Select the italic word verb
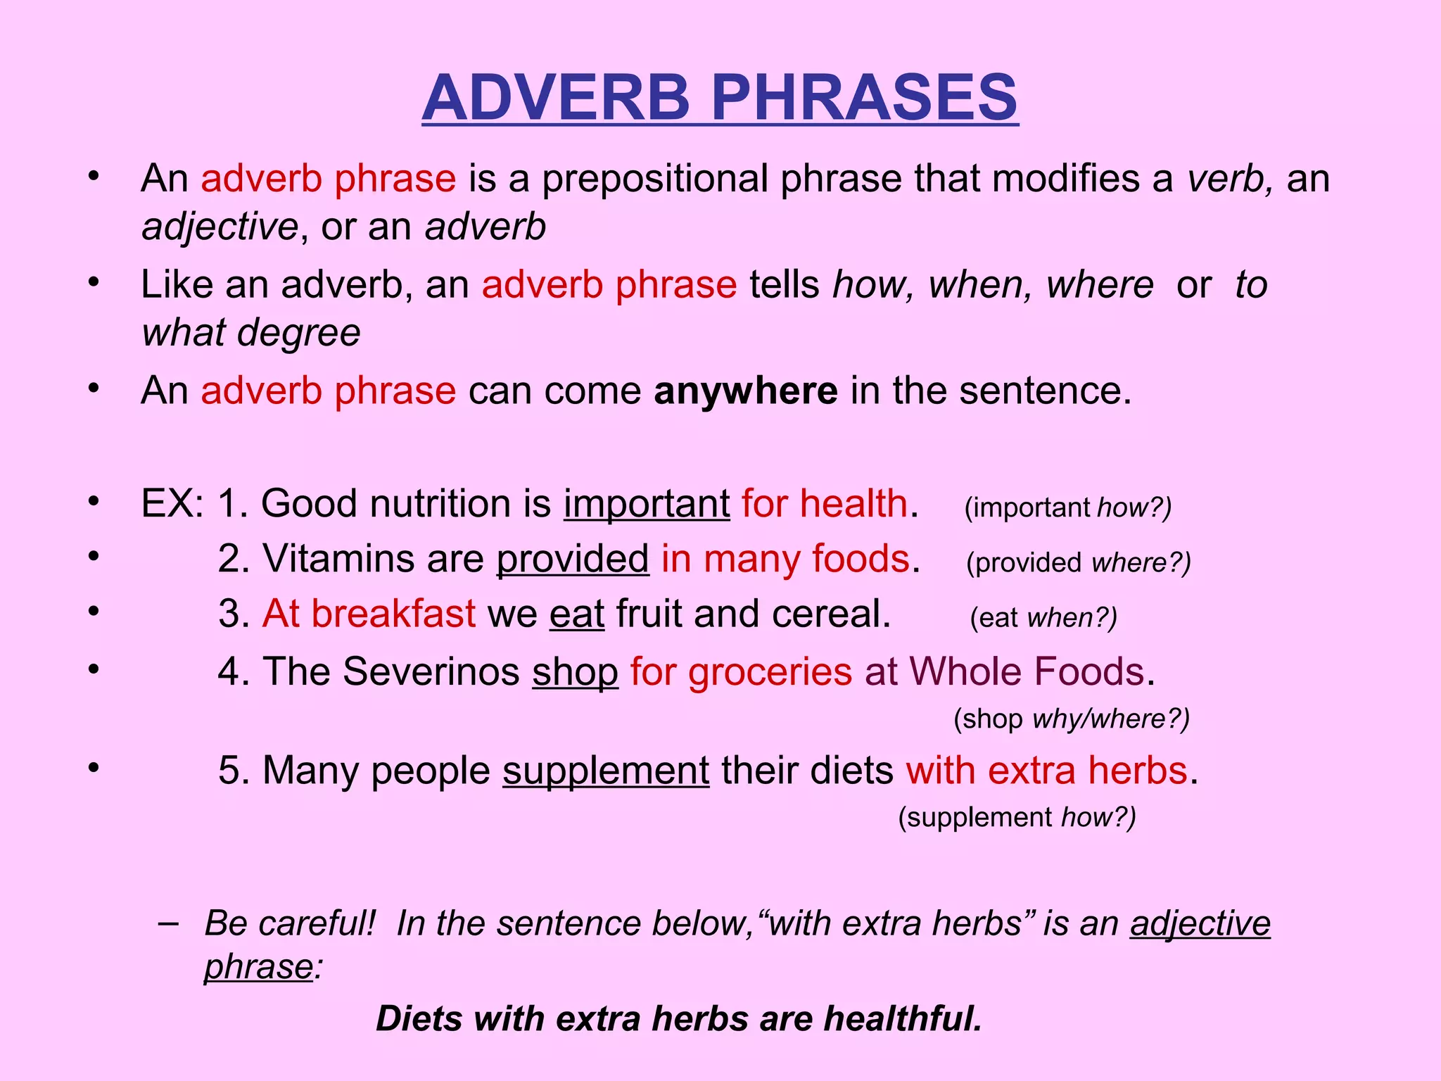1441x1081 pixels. click(x=1229, y=178)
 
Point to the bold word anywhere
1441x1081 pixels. click(x=746, y=391)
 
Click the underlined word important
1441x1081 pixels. click(x=647, y=504)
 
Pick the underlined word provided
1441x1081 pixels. click(x=573, y=559)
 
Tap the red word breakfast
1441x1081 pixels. click(x=393, y=614)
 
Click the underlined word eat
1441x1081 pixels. click(x=577, y=614)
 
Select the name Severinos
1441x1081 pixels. click(x=431, y=671)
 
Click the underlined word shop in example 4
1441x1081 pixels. click(x=575, y=671)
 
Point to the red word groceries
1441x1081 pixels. click(x=770, y=671)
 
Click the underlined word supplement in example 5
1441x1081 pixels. click(x=606, y=771)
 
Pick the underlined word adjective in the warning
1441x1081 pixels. click(x=1200, y=923)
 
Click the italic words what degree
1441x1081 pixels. click(x=251, y=332)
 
